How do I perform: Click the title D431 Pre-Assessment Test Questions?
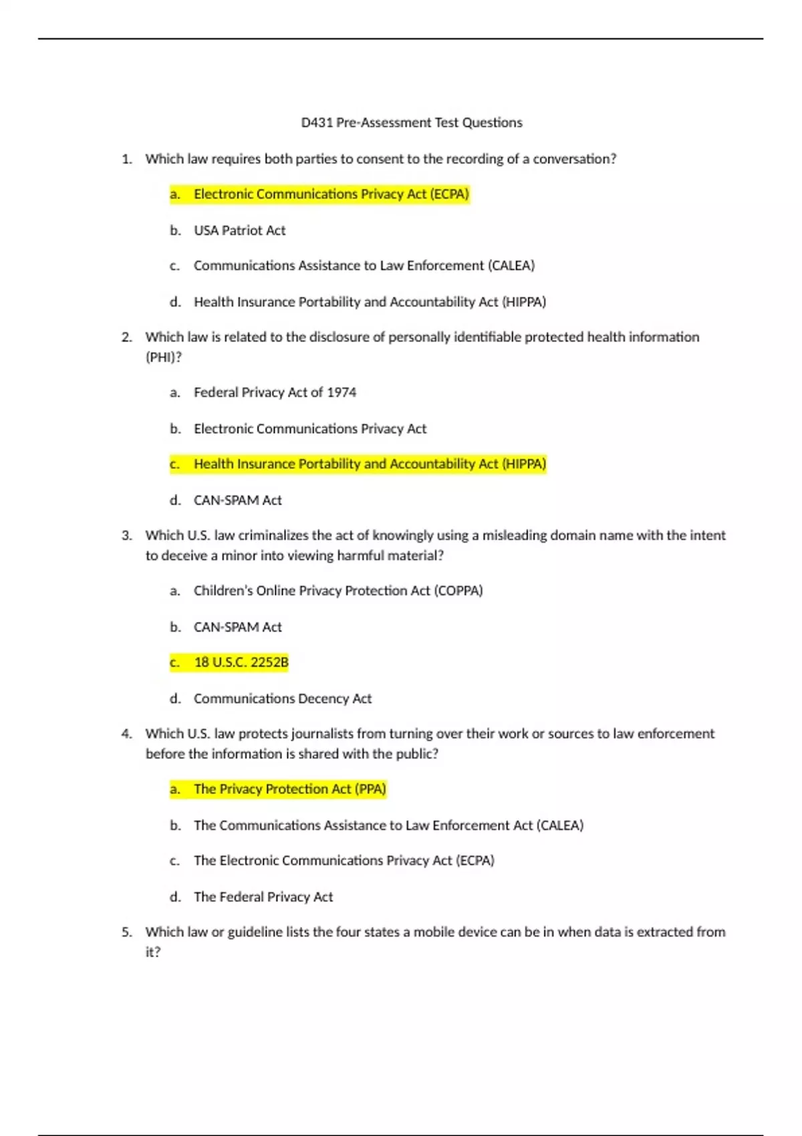[412, 123]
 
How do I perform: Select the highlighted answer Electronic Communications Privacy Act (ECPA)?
[331, 194]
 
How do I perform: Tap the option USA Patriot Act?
[239, 231]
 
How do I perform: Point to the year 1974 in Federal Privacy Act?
[341, 393]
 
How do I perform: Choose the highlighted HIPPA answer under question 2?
[370, 464]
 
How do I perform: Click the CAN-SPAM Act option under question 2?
[237, 501]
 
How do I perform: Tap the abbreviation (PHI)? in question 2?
[163, 358]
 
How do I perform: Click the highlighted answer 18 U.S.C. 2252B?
[241, 663]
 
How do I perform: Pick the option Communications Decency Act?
[282, 699]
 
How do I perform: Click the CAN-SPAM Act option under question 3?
[237, 627]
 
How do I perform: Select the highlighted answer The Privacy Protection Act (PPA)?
[289, 790]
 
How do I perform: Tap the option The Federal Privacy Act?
[263, 897]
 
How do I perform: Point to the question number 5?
[127, 932]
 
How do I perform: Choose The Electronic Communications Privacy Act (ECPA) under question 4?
[344, 861]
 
